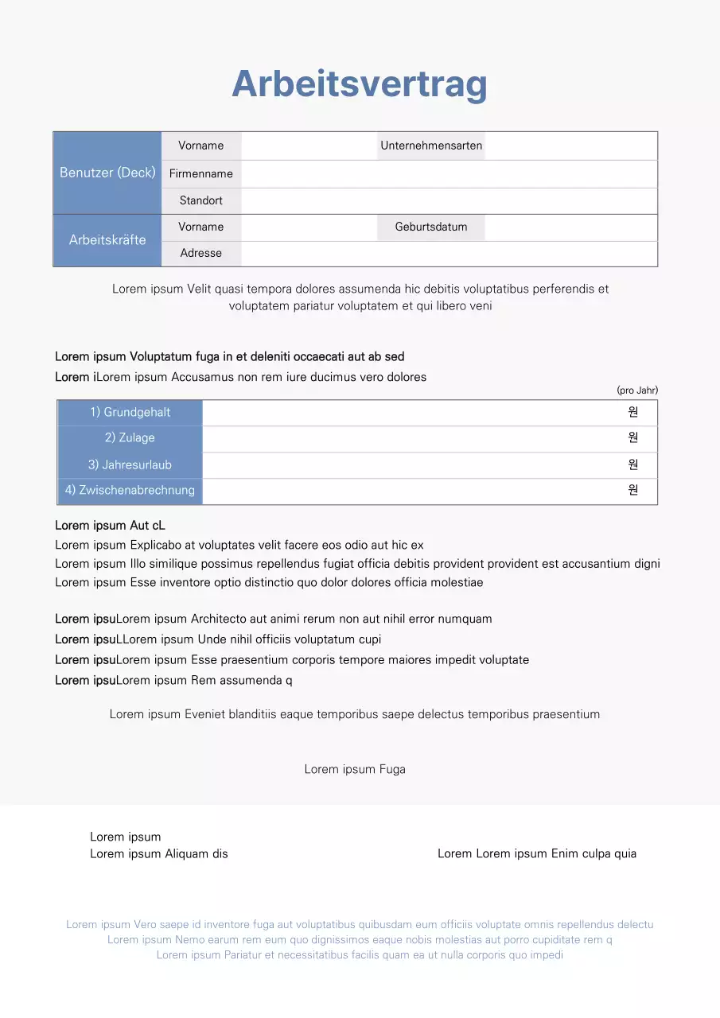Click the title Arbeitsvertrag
360,84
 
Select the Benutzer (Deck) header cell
107,173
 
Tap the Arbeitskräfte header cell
107,239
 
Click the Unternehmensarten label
431,146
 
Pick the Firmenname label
201,173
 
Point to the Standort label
201,200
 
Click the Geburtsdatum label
431,227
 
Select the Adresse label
201,253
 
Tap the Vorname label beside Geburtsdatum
201,227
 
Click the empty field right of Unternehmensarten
570,146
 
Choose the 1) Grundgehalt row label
130,412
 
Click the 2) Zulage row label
130,437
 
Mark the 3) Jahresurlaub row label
130,464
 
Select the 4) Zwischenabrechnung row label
130,490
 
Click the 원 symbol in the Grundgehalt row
633,412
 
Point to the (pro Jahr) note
637,390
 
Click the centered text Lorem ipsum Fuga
355,769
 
